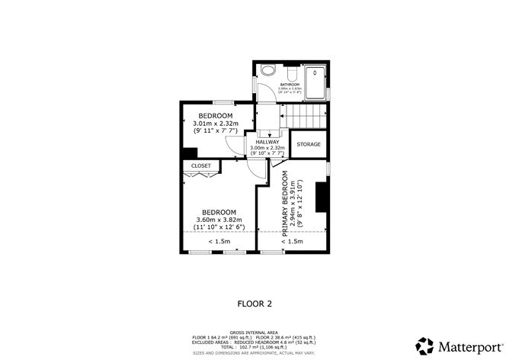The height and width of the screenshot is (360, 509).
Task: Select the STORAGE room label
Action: [x=308, y=144]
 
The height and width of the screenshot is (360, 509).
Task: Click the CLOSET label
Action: [x=201, y=166]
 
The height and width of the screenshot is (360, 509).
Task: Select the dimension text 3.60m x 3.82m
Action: [x=219, y=220]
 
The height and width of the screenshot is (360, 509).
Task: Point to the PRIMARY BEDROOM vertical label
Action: [x=287, y=206]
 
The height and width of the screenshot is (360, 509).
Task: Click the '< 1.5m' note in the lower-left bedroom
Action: [x=219, y=242]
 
